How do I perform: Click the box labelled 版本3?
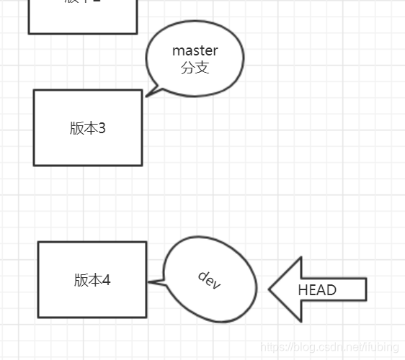87,128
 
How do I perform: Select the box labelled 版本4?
92,279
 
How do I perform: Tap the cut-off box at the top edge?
82,16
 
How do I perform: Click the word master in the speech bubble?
195,51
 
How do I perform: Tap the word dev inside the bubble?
209,280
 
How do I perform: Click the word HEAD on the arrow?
317,289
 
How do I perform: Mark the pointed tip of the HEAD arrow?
270,289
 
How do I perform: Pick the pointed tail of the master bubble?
147,95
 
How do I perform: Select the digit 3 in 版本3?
102,128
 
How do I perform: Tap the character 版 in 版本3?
76,128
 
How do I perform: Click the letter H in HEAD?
303,289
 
